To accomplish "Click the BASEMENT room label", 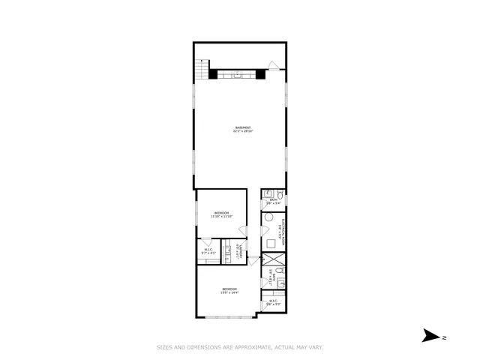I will coord(241,127).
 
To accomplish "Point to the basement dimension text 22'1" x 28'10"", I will coord(241,131).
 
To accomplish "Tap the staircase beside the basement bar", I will coord(201,70).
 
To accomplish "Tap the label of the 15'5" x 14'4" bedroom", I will coord(229,289).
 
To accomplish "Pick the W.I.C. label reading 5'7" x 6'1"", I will coord(208,251).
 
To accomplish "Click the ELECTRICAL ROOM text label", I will coord(280,234).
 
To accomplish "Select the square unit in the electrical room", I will coord(271,243).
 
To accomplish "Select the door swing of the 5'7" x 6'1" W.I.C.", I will coord(204,242).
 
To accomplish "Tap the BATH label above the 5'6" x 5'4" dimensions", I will coord(275,199).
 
